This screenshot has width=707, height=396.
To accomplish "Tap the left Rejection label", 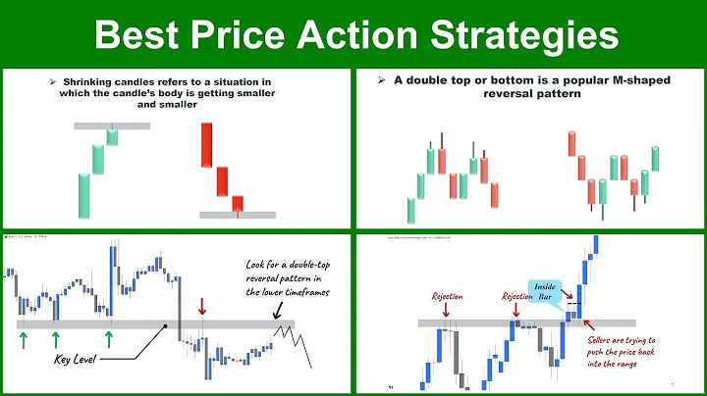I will pyautogui.click(x=448, y=295).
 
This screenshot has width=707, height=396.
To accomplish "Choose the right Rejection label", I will pyautogui.click(x=517, y=295).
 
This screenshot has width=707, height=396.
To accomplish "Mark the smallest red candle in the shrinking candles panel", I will pyautogui.click(x=237, y=203).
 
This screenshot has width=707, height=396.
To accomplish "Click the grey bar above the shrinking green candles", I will pyautogui.click(x=112, y=125).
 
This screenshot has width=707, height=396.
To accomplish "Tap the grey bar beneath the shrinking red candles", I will pyautogui.click(x=238, y=215).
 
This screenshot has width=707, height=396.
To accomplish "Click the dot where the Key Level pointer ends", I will pyautogui.click(x=165, y=325).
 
